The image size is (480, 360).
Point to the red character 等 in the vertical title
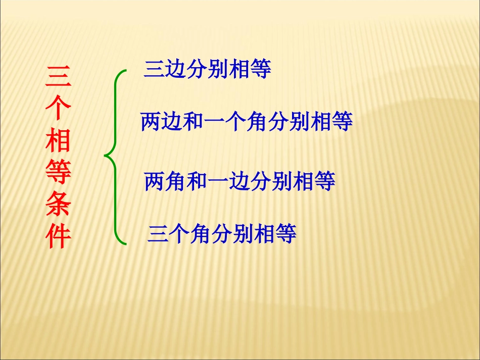click(x=59, y=173)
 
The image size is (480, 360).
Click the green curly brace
click(x=116, y=157)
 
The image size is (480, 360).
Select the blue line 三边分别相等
click(x=208, y=69)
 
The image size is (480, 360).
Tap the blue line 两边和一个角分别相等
click(x=247, y=122)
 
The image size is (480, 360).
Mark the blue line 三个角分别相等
click(x=222, y=234)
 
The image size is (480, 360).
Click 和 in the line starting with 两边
click(x=194, y=122)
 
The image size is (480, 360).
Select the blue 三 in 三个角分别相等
click(x=158, y=234)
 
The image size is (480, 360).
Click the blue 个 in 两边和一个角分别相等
click(x=236, y=122)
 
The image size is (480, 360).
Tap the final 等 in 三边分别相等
click(x=261, y=69)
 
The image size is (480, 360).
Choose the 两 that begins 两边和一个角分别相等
click(x=151, y=122)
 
